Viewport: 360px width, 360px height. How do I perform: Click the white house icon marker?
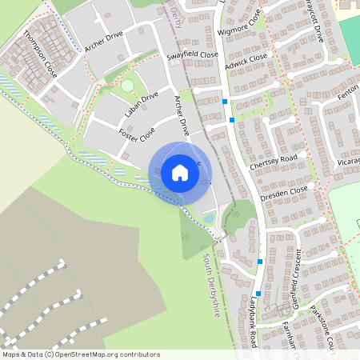coord(179,172)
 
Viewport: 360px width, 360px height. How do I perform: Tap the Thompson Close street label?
coord(41,53)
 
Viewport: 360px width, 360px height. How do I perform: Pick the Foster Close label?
coord(136,134)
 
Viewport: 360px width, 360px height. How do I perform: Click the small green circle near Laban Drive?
coord(127,85)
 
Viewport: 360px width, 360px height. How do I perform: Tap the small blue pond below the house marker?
coord(208,218)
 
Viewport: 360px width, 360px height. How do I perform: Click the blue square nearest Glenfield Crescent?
coord(258,293)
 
